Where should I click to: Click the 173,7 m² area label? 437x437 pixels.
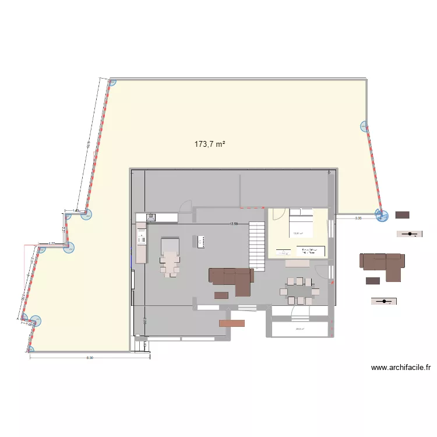tap(210, 144)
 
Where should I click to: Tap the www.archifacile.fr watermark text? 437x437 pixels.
tap(401, 368)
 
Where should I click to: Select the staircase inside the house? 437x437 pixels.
tap(257, 245)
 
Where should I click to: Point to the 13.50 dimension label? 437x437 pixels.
tap(234, 224)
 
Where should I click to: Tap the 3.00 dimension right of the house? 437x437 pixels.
tap(358, 218)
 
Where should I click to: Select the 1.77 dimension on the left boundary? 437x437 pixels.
tap(51, 244)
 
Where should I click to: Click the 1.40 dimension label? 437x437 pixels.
tap(76, 210)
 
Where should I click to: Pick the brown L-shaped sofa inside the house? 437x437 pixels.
tap(232, 279)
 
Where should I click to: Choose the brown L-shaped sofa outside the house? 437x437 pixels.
tap(382, 263)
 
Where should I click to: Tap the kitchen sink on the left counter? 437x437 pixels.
tap(151, 217)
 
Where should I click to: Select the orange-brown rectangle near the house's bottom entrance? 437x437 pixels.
tap(231, 323)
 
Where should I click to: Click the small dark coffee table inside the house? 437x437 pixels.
tap(221, 295)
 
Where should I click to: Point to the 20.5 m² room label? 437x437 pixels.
tap(300, 329)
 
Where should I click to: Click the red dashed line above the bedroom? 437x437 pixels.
tap(252, 207)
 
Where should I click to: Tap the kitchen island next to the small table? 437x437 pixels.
tap(201, 241)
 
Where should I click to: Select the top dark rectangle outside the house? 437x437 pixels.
tap(402, 215)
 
